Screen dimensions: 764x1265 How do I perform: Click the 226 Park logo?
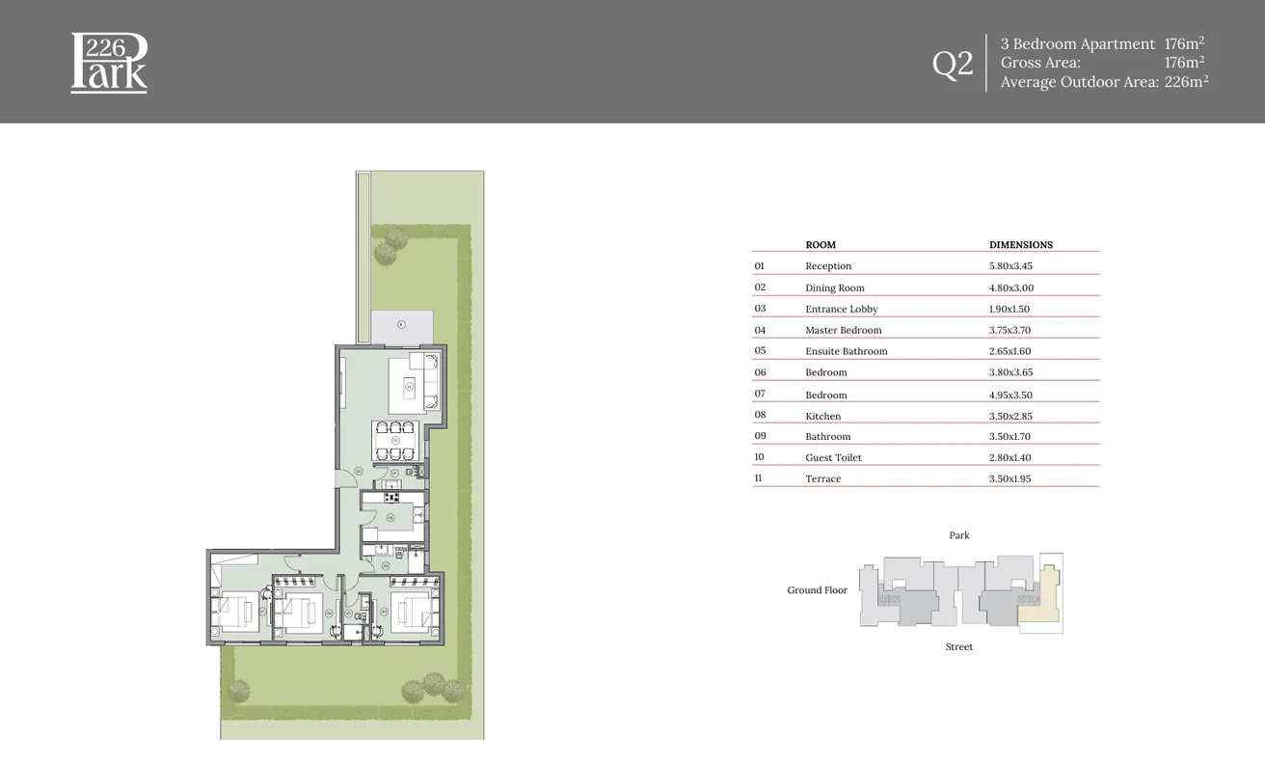pyautogui.click(x=109, y=63)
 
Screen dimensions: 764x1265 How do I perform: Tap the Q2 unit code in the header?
pyautogui.click(x=953, y=64)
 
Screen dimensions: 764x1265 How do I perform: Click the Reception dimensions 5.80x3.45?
pyautogui.click(x=1010, y=266)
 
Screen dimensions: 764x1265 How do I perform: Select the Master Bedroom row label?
pyautogui.click(x=843, y=330)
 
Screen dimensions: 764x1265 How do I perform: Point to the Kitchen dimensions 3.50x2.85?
pyautogui.click(x=1009, y=416)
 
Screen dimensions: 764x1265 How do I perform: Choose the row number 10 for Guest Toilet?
pyautogui.click(x=759, y=457)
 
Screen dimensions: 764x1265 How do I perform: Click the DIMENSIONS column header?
pyautogui.click(x=1020, y=245)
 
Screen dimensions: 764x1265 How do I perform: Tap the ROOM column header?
pyautogui.click(x=821, y=245)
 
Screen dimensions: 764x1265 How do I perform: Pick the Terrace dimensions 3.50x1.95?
pyautogui.click(x=1009, y=478)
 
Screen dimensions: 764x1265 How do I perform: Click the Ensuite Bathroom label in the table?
pyautogui.click(x=846, y=351)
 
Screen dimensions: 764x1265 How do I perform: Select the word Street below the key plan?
pyautogui.click(x=958, y=647)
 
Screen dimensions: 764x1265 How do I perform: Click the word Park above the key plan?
pyautogui.click(x=958, y=535)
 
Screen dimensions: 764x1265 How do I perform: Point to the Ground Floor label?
pyautogui.click(x=817, y=590)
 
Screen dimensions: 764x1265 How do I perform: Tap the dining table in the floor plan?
pyautogui.click(x=396, y=440)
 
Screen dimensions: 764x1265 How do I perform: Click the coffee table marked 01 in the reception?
pyautogui.click(x=409, y=388)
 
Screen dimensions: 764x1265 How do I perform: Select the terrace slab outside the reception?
pyautogui.click(x=401, y=326)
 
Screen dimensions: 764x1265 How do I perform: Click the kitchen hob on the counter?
pyautogui.click(x=391, y=498)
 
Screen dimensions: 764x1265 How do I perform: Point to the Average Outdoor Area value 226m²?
pyautogui.click(x=1186, y=82)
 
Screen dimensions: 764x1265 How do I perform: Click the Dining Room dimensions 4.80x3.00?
pyautogui.click(x=1009, y=287)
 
